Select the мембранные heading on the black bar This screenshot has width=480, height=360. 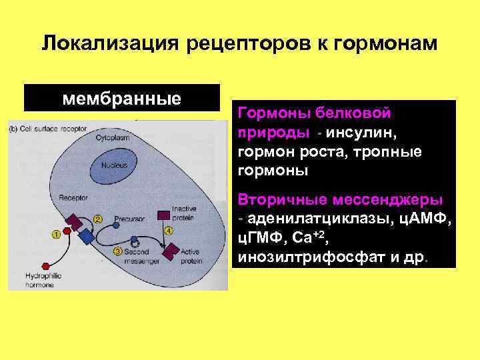click(x=121, y=99)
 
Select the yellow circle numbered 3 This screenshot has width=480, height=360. click(x=117, y=251)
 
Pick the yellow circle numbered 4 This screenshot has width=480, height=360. click(x=169, y=231)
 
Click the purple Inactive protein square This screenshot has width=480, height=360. click(x=162, y=214)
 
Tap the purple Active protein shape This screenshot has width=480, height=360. click(x=172, y=251)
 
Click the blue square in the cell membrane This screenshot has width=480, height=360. click(x=85, y=235)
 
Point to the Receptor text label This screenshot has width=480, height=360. click(x=70, y=198)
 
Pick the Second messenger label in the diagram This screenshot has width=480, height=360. click(x=139, y=256)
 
